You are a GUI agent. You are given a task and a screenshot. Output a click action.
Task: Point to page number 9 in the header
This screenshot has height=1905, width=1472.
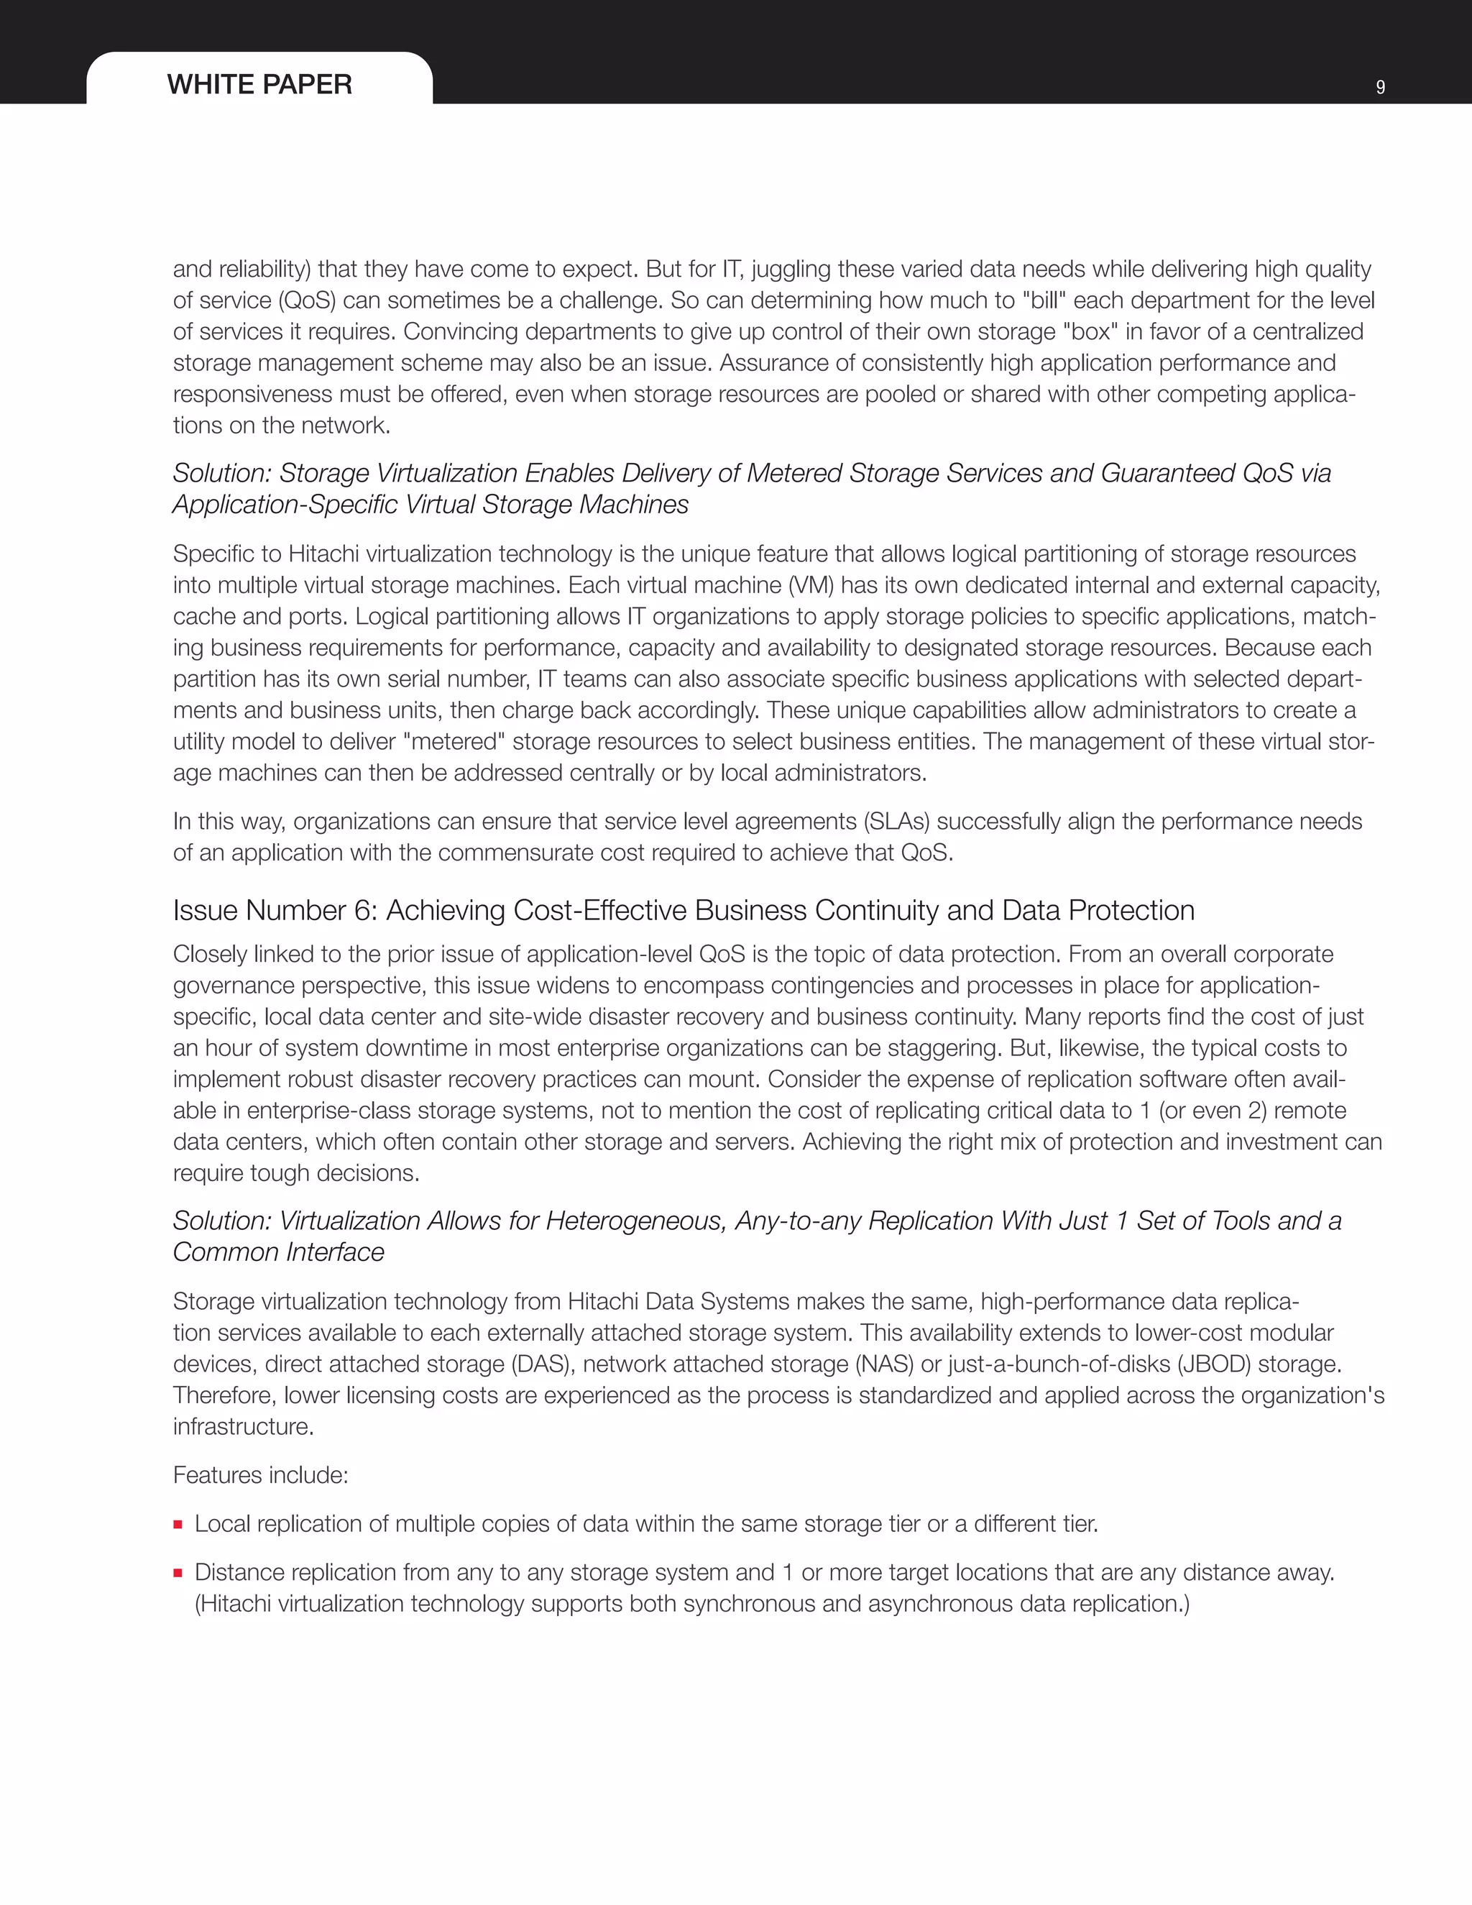pyautogui.click(x=1379, y=87)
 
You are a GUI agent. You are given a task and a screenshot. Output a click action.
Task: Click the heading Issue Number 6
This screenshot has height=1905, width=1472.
pyautogui.click(x=683, y=910)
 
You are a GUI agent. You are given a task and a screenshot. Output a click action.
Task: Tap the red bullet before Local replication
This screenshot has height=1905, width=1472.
pyautogui.click(x=178, y=1525)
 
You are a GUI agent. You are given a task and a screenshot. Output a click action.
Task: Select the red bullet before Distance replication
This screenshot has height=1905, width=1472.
pyautogui.click(x=178, y=1574)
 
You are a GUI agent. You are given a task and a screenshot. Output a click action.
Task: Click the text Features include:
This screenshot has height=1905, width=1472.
pyautogui.click(x=260, y=1475)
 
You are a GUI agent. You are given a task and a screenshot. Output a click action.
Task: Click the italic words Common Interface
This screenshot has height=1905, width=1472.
pyautogui.click(x=278, y=1252)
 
